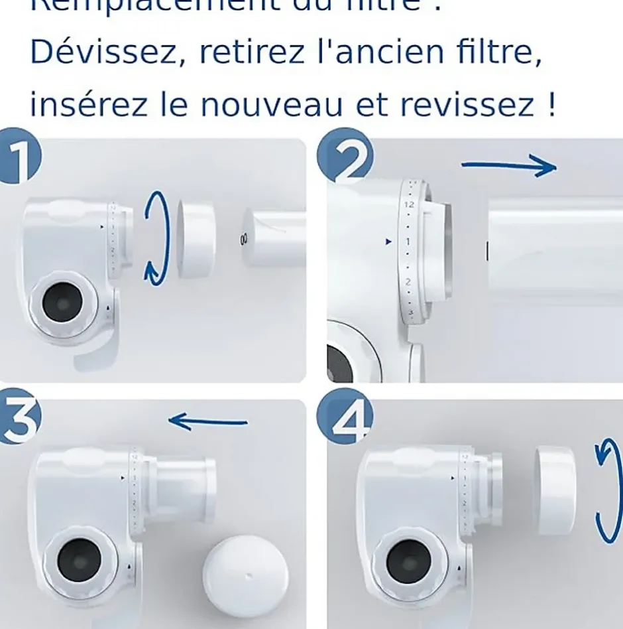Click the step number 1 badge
coord(19,157)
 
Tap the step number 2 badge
coord(345,158)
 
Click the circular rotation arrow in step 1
coord(156,238)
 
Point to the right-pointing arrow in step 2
coord(508,167)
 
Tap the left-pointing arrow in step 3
coord(208,421)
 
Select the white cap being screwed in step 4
coord(555,490)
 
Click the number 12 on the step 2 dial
coord(409,204)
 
